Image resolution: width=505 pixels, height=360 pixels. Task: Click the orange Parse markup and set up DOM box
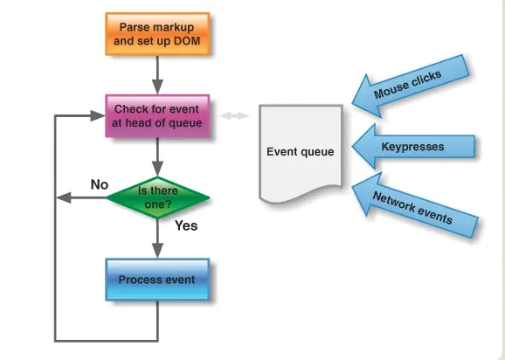click(x=157, y=34)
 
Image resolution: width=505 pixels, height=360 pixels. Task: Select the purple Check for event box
click(x=157, y=116)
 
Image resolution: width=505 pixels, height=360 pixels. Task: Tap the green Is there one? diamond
click(x=158, y=197)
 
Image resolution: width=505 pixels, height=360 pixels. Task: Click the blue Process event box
click(x=157, y=280)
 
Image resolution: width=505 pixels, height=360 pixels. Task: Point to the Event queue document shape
click(x=301, y=154)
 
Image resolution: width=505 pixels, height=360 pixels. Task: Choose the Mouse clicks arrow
click(x=411, y=86)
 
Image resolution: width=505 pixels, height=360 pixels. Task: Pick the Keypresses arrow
click(x=413, y=147)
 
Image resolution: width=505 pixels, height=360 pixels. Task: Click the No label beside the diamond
click(x=100, y=184)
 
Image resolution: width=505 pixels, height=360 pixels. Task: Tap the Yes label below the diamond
click(x=186, y=225)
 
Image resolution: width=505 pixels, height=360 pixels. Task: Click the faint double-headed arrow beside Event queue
click(x=234, y=115)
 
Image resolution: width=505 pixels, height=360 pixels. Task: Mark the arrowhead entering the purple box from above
click(x=157, y=87)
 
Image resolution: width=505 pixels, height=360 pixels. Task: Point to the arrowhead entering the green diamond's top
click(x=157, y=169)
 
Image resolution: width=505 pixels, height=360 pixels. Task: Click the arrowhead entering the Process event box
click(x=157, y=251)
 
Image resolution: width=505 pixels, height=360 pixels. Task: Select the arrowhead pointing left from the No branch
click(x=64, y=197)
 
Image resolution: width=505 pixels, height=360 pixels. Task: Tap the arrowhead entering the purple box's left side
click(x=98, y=116)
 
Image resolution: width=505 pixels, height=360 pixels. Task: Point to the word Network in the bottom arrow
click(x=393, y=201)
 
